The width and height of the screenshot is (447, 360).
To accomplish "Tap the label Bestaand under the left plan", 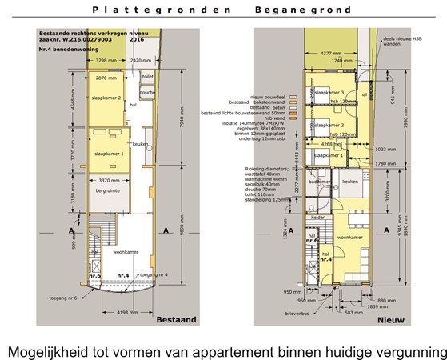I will [177, 319].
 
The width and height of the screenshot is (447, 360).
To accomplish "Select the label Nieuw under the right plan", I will [390, 319].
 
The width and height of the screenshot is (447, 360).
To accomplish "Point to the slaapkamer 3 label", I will [330, 93].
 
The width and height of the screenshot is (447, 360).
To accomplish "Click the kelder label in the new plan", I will [318, 217].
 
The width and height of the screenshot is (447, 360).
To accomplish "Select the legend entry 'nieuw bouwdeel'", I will [269, 94].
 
